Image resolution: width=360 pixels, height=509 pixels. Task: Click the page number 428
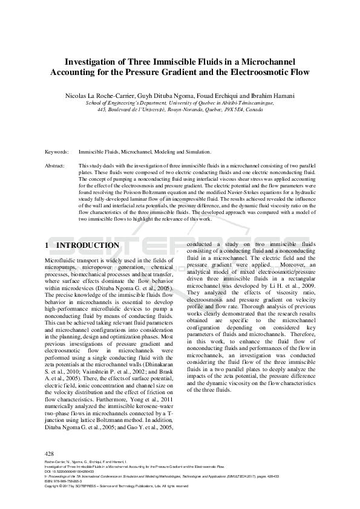(x=50, y=453)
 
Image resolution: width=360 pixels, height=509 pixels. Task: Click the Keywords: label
(x=56, y=152)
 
